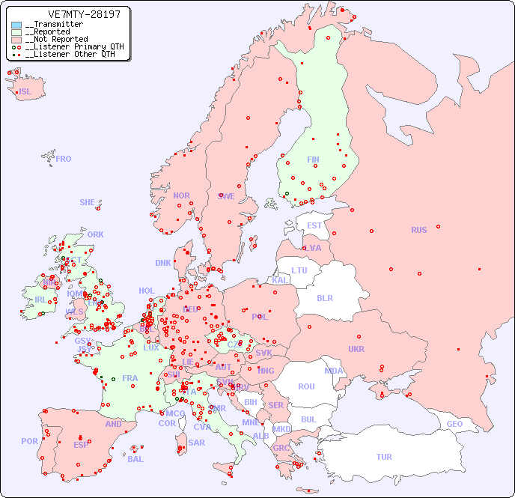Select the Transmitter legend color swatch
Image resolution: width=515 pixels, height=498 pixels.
(17, 25)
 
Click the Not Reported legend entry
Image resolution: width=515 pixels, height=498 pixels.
(55, 39)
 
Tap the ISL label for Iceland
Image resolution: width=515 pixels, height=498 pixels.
(25, 92)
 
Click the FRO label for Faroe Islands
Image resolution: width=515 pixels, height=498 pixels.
(64, 159)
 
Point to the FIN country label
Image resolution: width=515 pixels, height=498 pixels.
(313, 160)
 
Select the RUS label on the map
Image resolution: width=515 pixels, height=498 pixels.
(418, 230)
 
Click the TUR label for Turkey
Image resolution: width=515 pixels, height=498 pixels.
(384, 457)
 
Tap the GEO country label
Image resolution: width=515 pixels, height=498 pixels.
(454, 424)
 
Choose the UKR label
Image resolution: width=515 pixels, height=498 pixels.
(356, 349)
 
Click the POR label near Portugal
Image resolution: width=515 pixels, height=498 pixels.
(29, 441)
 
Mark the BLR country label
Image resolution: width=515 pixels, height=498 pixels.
(325, 297)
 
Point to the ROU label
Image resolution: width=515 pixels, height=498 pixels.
(306, 386)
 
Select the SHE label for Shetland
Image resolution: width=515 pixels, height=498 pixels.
(88, 202)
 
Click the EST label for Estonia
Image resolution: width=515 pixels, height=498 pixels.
(314, 225)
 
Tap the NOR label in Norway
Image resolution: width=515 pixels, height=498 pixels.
(181, 195)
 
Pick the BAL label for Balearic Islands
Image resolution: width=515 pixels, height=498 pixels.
(135, 459)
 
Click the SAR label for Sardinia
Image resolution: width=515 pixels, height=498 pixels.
(197, 443)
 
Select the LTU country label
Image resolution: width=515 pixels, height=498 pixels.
(299, 270)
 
